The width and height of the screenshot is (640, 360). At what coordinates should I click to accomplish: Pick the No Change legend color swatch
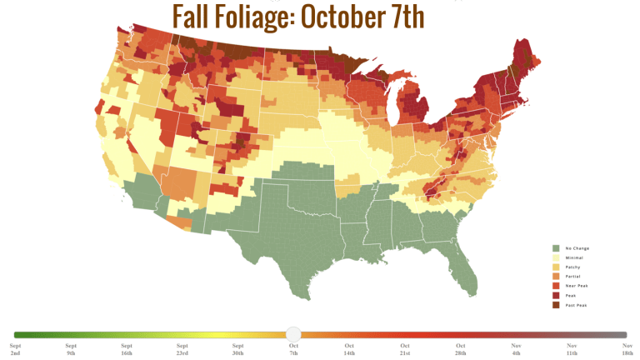click(556, 248)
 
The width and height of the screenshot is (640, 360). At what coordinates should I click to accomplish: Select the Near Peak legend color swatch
click(556, 285)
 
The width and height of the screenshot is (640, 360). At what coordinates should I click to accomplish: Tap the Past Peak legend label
click(577, 304)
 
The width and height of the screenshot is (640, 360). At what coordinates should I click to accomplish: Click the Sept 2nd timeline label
click(16, 349)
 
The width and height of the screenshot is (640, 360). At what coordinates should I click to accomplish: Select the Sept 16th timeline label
click(127, 349)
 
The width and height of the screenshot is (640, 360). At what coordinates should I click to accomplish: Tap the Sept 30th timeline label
click(237, 349)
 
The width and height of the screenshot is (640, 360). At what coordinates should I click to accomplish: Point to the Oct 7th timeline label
click(293, 349)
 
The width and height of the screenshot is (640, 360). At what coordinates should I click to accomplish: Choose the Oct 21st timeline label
click(404, 349)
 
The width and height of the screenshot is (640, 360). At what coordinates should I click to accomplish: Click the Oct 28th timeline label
click(460, 349)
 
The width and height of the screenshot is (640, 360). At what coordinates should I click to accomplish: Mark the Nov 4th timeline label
click(516, 349)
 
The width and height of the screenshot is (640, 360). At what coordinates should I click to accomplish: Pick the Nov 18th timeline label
click(627, 349)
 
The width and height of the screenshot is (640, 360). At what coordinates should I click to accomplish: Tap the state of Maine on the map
click(523, 62)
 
